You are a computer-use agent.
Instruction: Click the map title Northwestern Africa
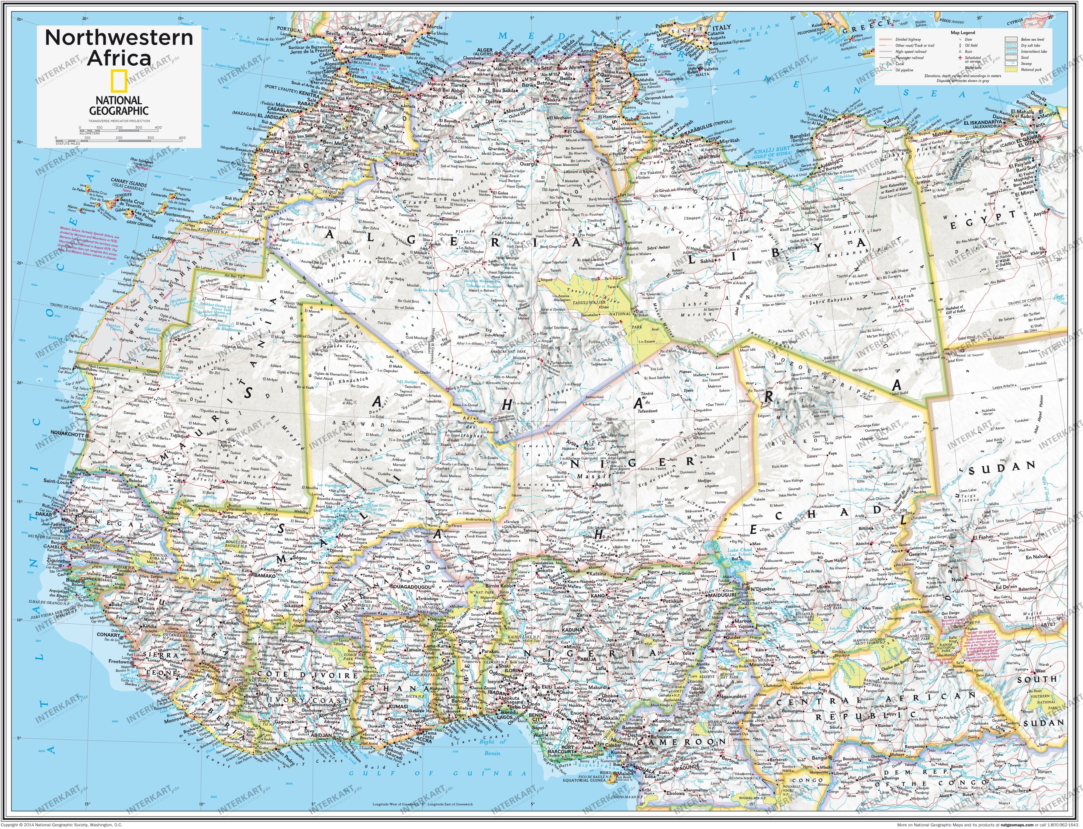pos(119,47)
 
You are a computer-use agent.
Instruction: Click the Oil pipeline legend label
pos(904,70)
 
